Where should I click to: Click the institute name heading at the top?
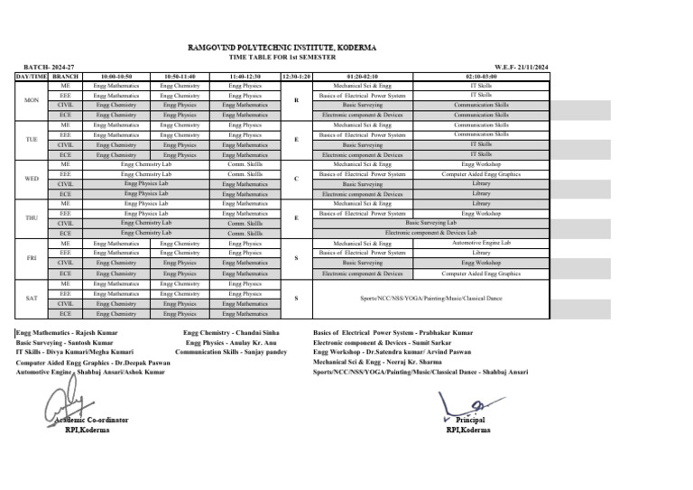pyautogui.click(x=282, y=46)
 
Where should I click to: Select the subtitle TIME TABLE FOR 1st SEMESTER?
pyautogui.click(x=282, y=57)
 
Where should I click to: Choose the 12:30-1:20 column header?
pyautogui.click(x=296, y=77)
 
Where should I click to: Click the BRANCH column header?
pyautogui.click(x=66, y=77)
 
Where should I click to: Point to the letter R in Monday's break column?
pyautogui.click(x=296, y=100)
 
